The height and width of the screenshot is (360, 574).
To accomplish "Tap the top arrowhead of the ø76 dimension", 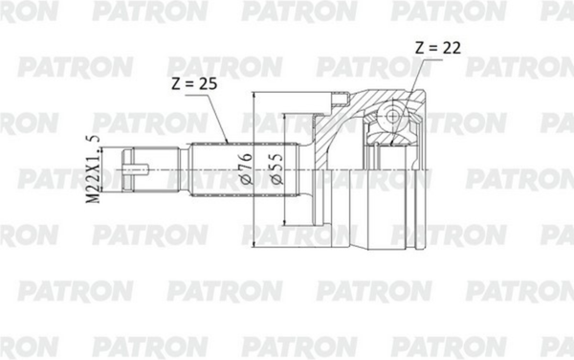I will pyautogui.click(x=254, y=96).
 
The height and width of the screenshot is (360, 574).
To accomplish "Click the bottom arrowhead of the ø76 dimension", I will pyautogui.click(x=254, y=247).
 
